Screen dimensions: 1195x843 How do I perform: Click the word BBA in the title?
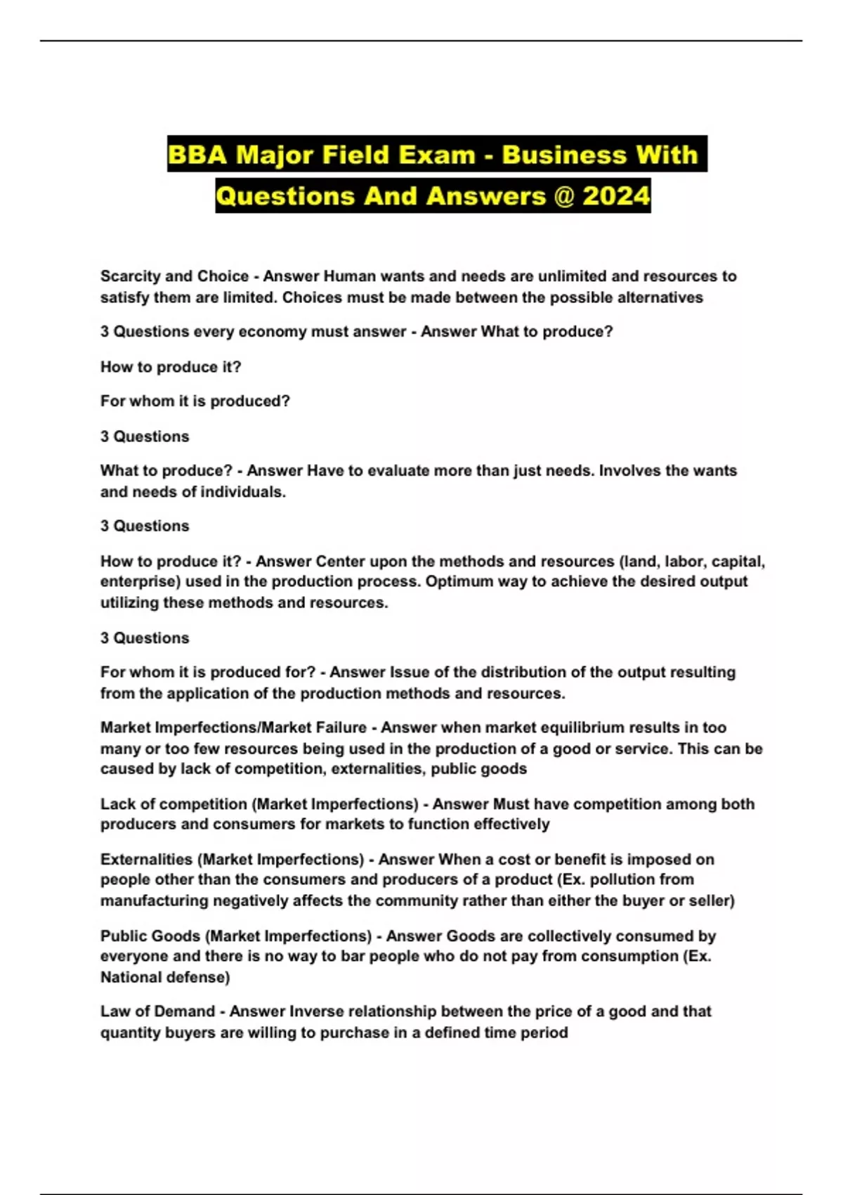click(197, 155)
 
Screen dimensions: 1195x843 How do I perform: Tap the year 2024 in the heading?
click(615, 195)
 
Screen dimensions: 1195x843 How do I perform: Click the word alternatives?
click(660, 297)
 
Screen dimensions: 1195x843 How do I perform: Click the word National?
click(131, 977)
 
